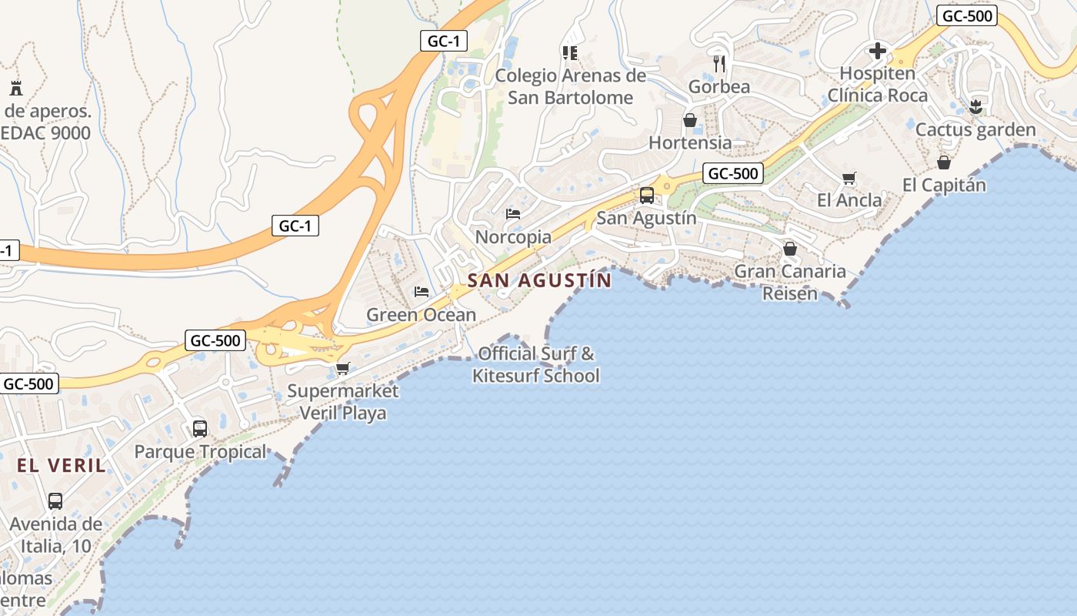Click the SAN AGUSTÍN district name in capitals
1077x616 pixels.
coord(539,280)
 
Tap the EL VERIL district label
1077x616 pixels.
coord(62,465)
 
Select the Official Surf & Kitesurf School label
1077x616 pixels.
coord(536,365)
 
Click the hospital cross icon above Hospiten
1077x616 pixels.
coord(877,52)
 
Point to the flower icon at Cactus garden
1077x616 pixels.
coord(976,107)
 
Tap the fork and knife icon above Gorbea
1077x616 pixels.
coord(719,63)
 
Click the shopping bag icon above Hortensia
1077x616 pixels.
coord(690,120)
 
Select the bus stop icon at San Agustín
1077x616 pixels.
coord(647,196)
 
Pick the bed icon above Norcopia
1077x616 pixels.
coord(513,213)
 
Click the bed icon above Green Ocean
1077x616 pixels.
coord(421,291)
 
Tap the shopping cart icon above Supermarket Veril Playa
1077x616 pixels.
coord(343,369)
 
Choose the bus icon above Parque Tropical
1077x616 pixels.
coord(200,428)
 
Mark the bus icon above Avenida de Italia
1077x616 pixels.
coord(55,501)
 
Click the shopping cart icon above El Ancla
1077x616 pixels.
coord(849,179)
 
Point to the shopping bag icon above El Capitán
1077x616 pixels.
coord(944,162)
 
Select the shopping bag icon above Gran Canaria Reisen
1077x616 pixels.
coord(790,249)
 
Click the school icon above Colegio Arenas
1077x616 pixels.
coord(570,52)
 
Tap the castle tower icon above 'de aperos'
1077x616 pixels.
coord(15,87)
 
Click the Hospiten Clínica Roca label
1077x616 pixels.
coord(878,85)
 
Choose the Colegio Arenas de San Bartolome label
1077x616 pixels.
coord(570,86)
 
